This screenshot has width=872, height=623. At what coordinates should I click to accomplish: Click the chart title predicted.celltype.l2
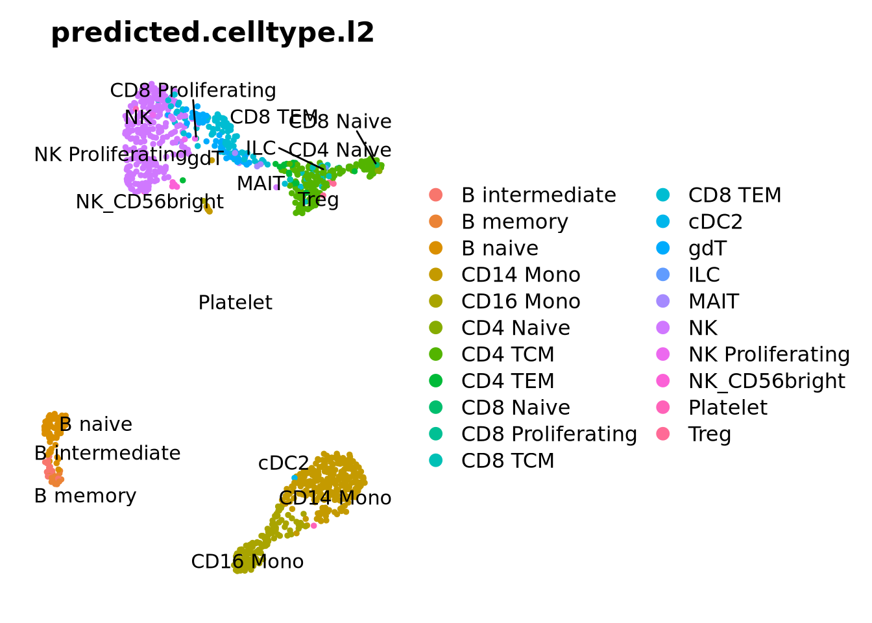point(212,32)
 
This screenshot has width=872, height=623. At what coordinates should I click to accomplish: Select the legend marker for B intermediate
point(436,195)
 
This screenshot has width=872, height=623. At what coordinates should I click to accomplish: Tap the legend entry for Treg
point(709,434)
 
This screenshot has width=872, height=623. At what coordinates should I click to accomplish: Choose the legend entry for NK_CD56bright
point(766,381)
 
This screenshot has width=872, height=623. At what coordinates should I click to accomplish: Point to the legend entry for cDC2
point(715,221)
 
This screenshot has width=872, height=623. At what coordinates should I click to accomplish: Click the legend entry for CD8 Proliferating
point(549,434)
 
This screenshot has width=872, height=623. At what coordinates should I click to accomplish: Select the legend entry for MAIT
point(713,301)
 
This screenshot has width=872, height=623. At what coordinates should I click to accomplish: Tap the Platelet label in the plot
point(235,302)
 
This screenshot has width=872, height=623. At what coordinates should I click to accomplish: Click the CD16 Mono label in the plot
point(247,561)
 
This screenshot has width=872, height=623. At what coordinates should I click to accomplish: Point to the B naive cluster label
point(95,424)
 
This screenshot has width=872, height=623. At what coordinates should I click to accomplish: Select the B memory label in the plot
point(85,496)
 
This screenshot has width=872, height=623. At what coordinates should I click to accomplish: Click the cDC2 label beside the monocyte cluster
point(284,463)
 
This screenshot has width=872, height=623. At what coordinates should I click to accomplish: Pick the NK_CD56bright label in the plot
point(149,202)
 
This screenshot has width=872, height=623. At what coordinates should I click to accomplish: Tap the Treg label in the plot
point(318,199)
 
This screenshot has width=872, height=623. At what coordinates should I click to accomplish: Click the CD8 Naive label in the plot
point(340,121)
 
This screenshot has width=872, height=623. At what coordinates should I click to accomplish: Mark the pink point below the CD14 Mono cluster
point(314,526)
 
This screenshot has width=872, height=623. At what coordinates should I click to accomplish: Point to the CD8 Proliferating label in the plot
point(193,90)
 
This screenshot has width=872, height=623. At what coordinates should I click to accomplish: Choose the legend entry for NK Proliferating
point(769,354)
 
